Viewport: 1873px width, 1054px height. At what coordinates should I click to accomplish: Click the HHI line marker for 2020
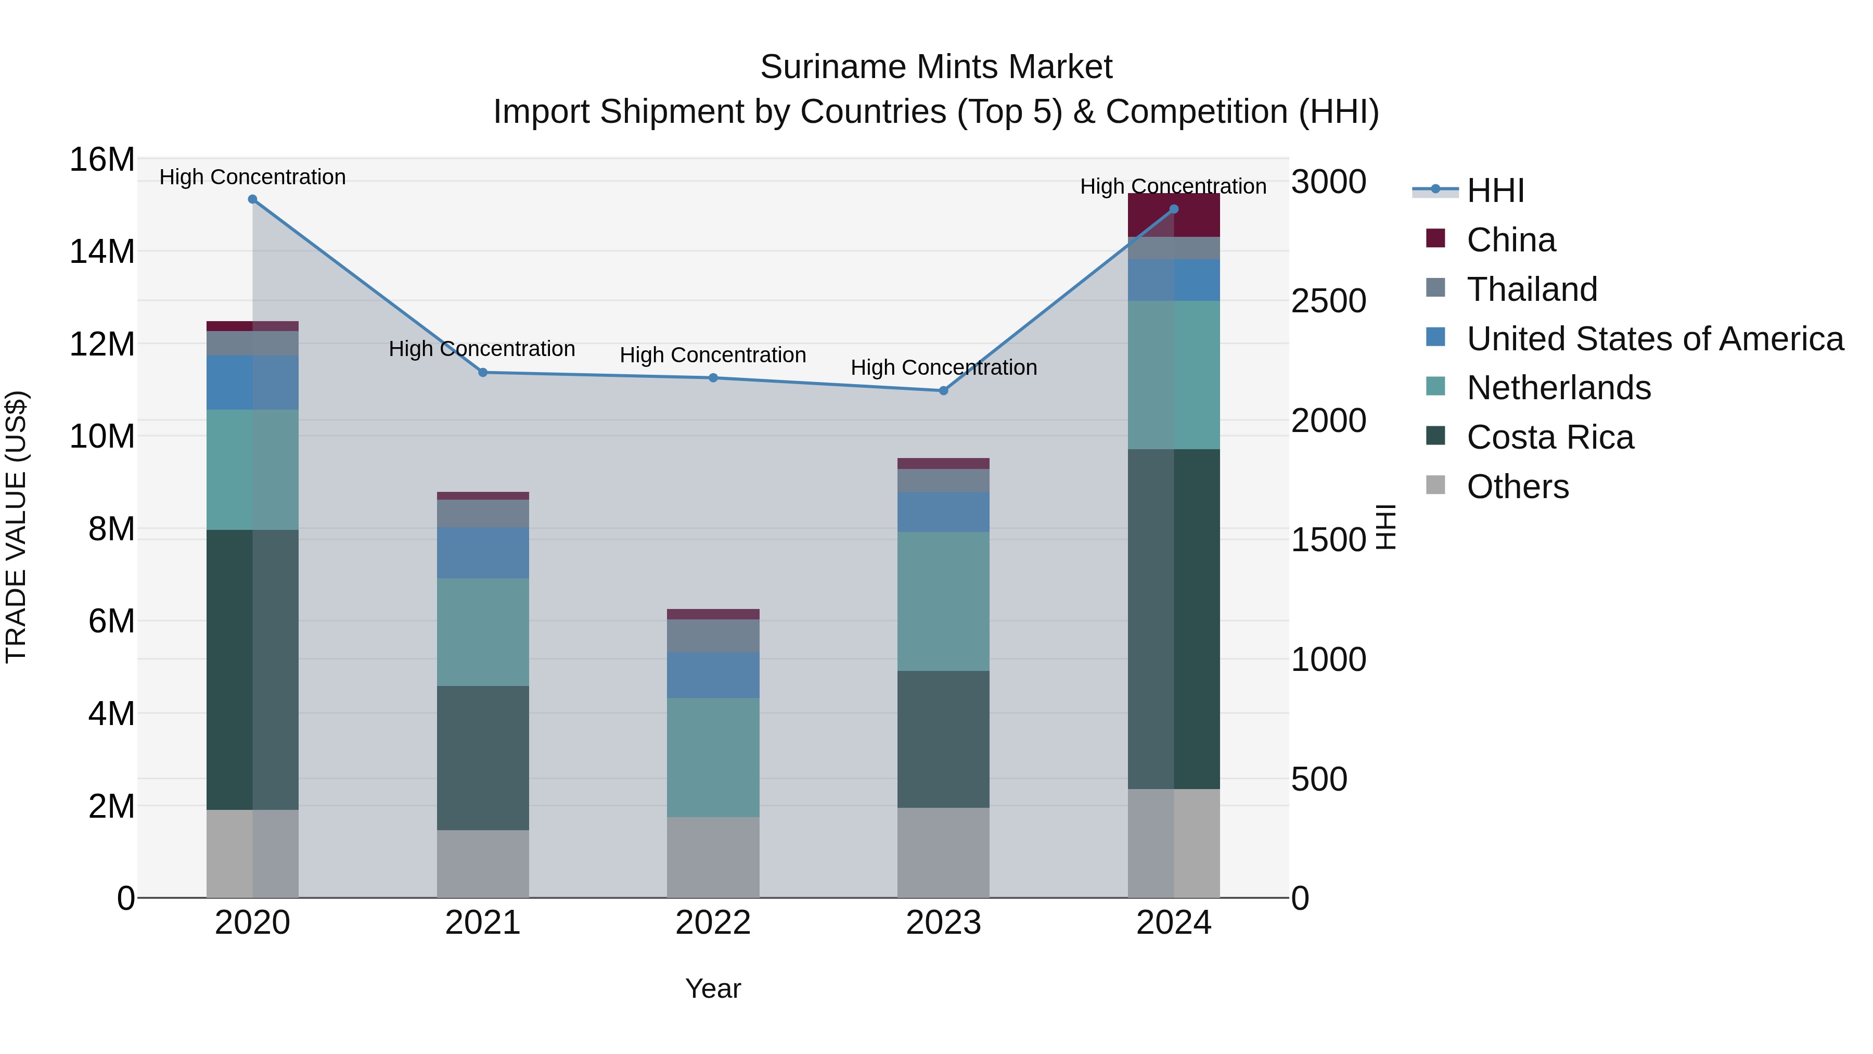252,199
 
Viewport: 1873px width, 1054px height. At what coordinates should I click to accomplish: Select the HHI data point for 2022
713,377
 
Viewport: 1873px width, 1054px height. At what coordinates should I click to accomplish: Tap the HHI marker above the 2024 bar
1174,209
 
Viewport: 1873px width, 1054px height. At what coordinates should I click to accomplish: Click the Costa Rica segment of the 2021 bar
483,758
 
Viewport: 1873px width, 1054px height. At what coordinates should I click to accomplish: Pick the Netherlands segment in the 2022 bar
713,757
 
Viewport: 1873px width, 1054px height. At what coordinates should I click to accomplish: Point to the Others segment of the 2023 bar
943,853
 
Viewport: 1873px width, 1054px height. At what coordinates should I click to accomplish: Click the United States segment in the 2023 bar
943,512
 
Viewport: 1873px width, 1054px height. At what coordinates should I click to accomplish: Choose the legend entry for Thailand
1532,289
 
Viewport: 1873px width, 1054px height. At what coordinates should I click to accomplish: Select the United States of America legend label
1655,339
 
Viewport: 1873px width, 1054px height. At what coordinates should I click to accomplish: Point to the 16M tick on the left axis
102,159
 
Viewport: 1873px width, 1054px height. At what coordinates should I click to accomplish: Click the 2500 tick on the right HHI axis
1328,301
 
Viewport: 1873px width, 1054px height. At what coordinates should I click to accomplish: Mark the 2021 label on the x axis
483,923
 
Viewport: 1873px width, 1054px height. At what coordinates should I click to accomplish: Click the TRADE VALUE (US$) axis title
16,527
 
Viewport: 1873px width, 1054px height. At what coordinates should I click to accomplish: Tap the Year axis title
713,988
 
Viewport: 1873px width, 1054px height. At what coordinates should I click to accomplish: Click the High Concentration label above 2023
943,367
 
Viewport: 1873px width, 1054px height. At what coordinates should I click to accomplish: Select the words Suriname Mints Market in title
936,67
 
